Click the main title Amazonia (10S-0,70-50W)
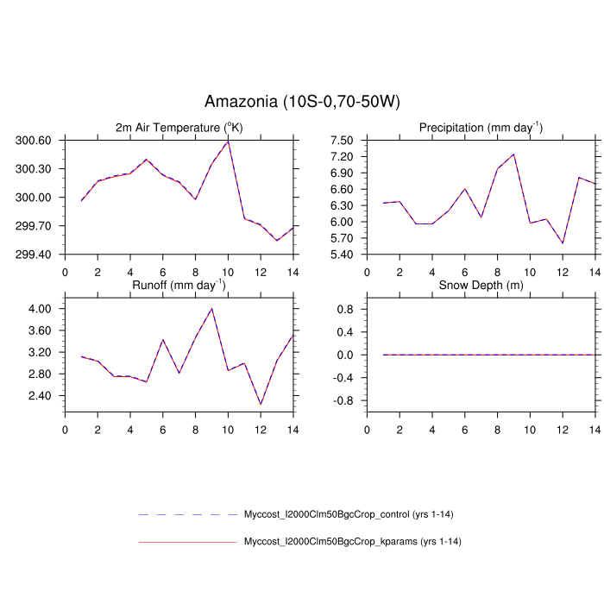(302, 102)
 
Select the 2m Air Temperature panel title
(179, 128)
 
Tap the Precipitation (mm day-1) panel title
(481, 128)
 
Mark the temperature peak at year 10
(228, 140)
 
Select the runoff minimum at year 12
(261, 404)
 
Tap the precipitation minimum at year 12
(563, 243)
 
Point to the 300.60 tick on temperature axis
(34, 140)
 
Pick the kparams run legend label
(349, 542)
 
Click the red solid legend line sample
(187, 542)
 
